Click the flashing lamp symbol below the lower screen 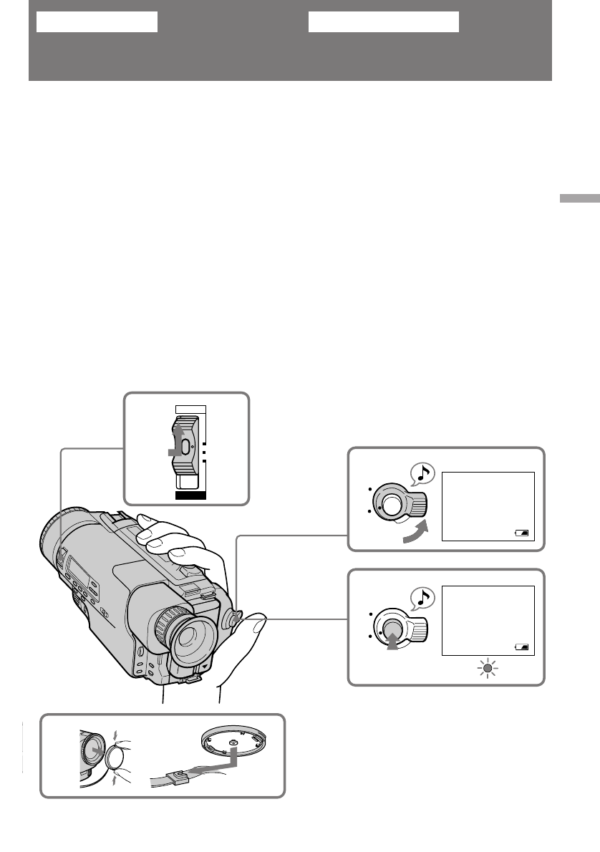pos(488,669)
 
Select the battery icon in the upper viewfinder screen pos(523,533)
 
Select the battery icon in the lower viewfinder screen pos(523,646)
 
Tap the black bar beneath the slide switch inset pos(190,494)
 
